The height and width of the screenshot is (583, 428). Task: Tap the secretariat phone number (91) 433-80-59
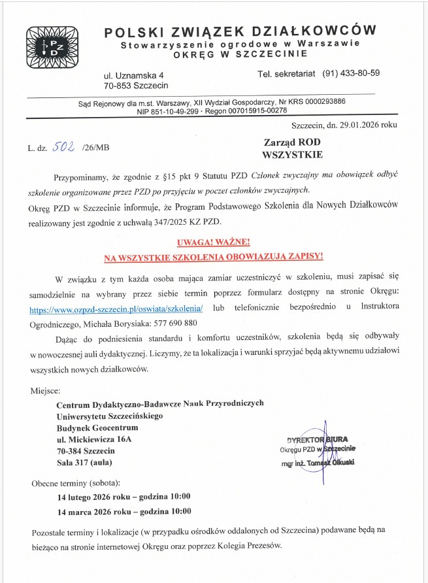coord(351,73)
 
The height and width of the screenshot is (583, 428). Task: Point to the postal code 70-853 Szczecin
coord(136,85)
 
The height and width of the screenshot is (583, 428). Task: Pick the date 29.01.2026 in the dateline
coord(357,125)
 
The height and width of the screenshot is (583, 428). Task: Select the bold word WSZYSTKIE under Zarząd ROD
coord(292,155)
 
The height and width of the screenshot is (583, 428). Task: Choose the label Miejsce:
coord(46,391)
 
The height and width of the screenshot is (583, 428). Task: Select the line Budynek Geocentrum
coord(97,427)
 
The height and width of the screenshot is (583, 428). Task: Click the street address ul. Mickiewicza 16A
coord(94,439)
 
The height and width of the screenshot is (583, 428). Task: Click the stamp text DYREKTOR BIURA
coord(318,439)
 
